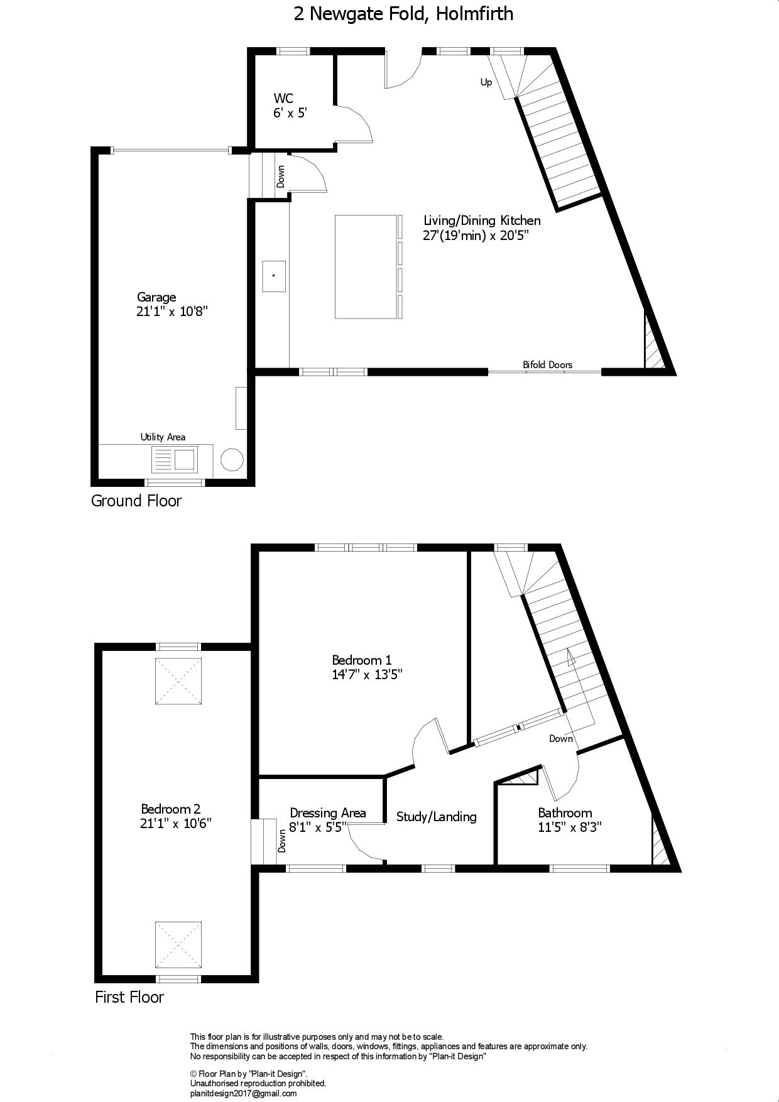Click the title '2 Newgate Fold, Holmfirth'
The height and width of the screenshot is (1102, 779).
[403, 14]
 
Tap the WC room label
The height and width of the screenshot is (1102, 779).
[283, 98]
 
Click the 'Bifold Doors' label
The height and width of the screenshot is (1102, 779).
[547, 364]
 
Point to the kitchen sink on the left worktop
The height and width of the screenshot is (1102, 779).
[274, 276]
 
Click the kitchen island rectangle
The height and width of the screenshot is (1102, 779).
[366, 266]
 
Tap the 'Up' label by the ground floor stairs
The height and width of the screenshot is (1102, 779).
[486, 82]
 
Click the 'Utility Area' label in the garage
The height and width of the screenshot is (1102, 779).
[163, 437]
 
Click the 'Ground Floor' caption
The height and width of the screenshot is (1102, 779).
[136, 501]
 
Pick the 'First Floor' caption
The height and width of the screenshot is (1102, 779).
[129, 997]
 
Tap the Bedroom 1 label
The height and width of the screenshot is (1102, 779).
[362, 660]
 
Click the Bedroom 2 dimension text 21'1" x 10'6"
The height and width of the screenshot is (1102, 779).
[176, 824]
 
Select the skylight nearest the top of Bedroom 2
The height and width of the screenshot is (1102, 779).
[179, 681]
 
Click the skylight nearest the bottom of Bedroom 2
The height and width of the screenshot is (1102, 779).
[179, 945]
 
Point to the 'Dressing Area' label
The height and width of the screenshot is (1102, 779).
[328, 813]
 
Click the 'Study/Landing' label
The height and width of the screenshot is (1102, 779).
[437, 817]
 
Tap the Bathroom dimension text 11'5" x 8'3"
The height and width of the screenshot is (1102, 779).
[570, 827]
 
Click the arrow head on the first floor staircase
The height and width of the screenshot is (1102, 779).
[571, 657]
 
